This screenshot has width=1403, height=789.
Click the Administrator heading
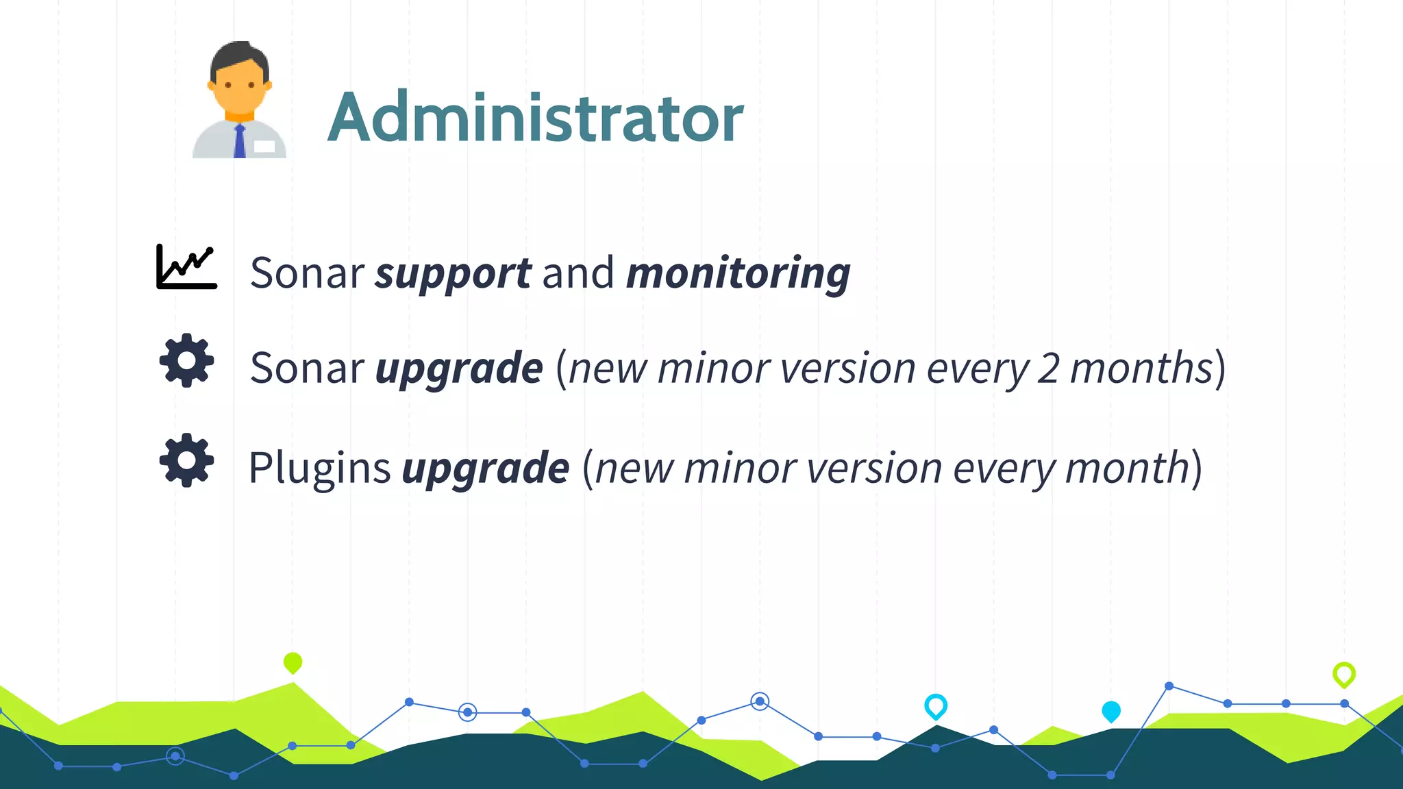tap(535, 118)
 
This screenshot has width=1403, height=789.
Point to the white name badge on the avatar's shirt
tap(264, 146)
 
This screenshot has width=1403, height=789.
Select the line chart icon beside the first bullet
tap(186, 266)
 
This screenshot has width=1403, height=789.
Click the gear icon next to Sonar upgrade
tap(186, 360)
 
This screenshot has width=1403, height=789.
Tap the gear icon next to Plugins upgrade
tap(186, 460)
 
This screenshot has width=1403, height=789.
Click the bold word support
tap(453, 273)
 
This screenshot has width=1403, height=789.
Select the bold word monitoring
tap(738, 273)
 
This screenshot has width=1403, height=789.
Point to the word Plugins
tap(319, 468)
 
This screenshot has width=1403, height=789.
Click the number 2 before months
tap(1047, 368)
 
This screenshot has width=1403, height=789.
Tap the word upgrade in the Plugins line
tap(486, 469)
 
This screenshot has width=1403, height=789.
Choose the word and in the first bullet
tap(578, 273)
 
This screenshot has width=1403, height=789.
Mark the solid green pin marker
tap(293, 662)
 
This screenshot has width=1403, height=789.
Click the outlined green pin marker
tap(1344, 674)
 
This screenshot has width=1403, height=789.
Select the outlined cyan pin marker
tap(936, 705)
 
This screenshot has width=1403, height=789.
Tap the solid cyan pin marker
tap(1111, 711)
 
